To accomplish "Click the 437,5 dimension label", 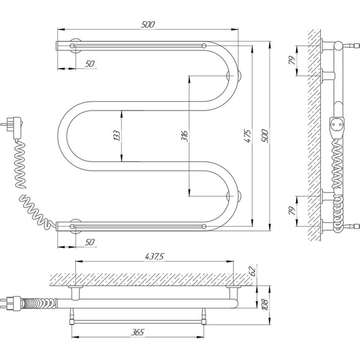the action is coord(155,256).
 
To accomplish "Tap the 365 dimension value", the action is coord(138,332).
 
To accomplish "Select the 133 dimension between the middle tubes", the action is coord(117,135).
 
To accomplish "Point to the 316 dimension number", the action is coord(184,136).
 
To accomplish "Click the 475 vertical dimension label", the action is coord(248,136).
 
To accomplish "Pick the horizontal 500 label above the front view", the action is coord(148,24).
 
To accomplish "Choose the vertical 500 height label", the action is coord(264,136).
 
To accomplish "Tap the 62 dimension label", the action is coord(252,271).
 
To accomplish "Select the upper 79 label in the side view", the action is coord(292,60).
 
